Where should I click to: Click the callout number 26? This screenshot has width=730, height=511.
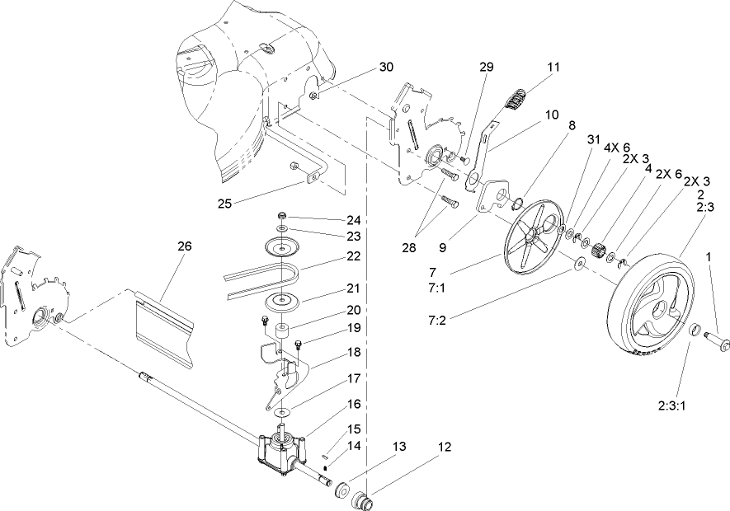(185, 245)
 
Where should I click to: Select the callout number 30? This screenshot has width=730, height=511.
(387, 67)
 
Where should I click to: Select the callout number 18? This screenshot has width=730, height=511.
(330, 350)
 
